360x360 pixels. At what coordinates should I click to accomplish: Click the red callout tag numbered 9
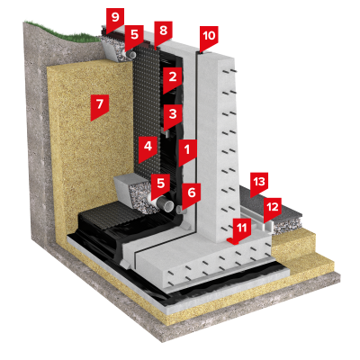(115, 20)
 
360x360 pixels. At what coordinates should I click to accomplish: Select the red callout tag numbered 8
(163, 32)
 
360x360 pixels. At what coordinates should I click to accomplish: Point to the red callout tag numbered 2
(173, 79)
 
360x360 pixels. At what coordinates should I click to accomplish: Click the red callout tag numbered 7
(100, 106)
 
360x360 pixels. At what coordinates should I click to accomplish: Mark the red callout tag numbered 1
(187, 151)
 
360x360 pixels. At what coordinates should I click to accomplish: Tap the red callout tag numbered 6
(192, 194)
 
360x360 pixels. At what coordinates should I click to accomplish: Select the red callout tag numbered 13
(259, 184)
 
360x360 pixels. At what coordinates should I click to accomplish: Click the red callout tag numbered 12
(273, 209)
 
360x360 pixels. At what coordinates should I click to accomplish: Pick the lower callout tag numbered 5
(160, 185)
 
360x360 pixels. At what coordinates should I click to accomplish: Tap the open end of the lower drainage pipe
(168, 206)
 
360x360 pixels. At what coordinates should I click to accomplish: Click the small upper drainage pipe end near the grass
(132, 54)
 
